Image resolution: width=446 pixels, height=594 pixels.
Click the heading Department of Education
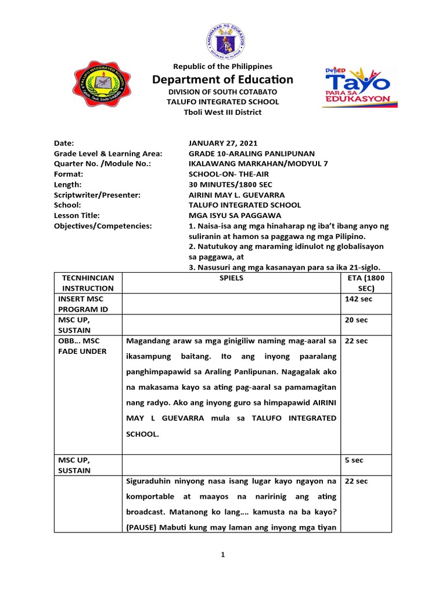tap(223, 79)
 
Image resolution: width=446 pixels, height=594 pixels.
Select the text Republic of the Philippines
tap(223, 67)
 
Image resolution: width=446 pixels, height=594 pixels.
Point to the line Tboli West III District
tap(223, 112)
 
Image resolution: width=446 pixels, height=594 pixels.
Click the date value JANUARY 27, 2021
tap(224, 143)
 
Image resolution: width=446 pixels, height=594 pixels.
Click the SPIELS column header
tap(231, 278)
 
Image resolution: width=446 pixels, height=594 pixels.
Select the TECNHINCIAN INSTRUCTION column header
tap(88, 283)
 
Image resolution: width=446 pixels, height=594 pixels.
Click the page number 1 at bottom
tap(222, 555)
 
